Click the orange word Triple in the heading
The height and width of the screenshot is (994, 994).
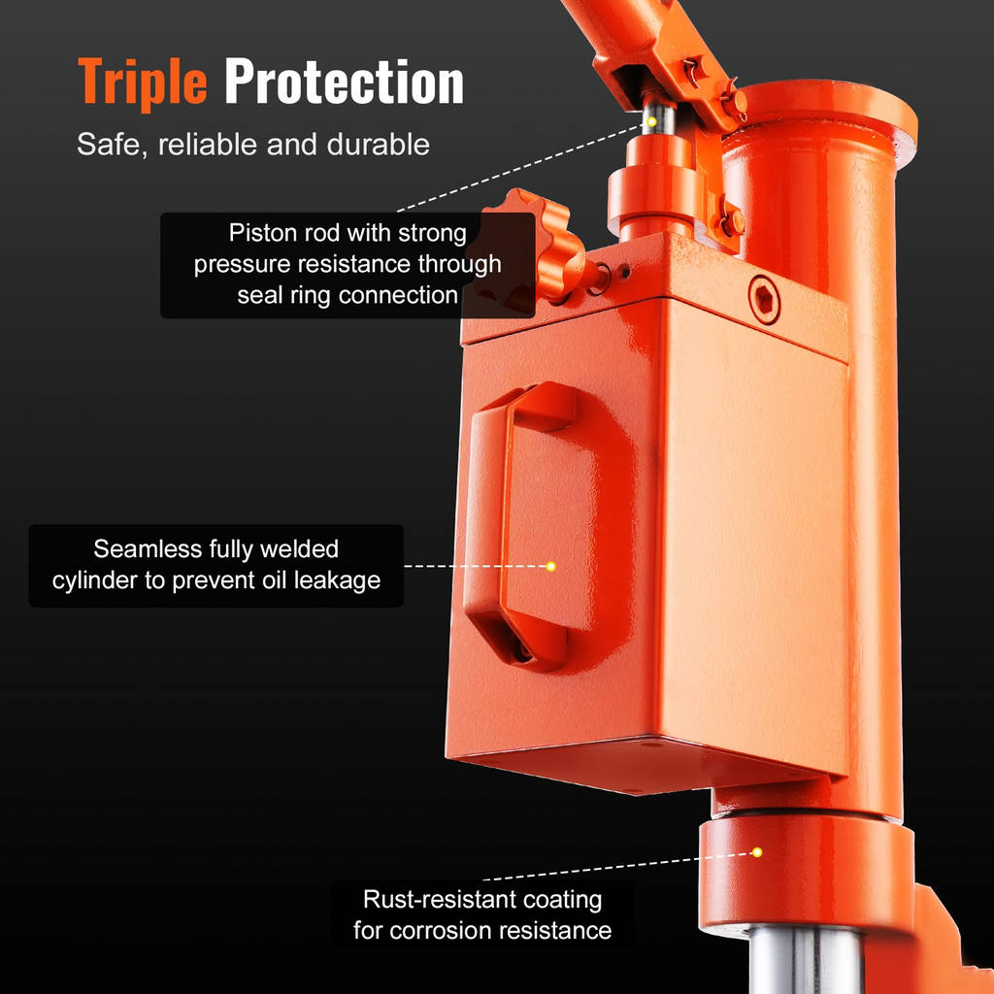[143, 83]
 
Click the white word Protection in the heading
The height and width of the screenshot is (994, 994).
[345, 82]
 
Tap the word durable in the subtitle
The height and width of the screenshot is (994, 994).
[379, 145]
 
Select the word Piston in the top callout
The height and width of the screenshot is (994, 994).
[262, 233]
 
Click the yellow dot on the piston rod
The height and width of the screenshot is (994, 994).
[651, 121]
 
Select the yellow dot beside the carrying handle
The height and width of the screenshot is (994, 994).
[551, 566]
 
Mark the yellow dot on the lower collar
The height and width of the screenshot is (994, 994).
[757, 852]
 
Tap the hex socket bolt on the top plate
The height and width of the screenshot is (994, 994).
[764, 299]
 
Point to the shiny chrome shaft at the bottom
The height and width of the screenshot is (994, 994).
[805, 960]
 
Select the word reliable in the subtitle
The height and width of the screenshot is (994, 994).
[209, 145]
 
